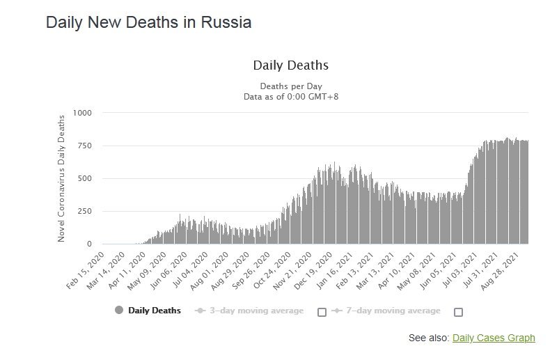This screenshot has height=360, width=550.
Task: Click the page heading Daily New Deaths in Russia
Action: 148,22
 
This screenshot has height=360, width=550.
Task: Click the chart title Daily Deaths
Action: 290,65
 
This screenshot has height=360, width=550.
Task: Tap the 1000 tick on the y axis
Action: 81,113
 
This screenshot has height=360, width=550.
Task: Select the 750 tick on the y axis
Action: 84,146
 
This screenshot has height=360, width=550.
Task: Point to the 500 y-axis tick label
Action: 84,178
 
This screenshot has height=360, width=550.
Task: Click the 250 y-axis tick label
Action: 84,211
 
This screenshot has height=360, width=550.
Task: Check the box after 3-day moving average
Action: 322,312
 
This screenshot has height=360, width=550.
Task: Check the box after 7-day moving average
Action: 458,312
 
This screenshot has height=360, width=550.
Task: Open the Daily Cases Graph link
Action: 494,338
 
